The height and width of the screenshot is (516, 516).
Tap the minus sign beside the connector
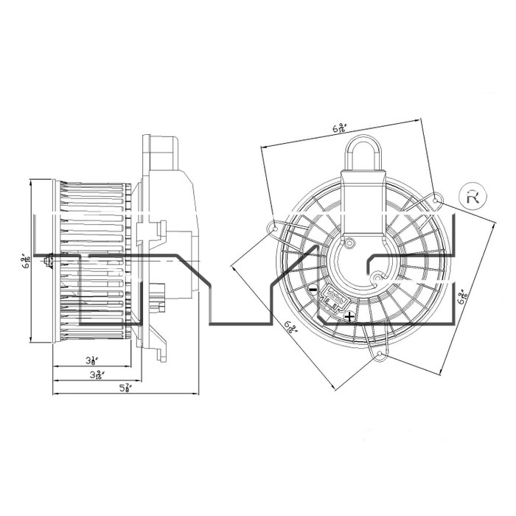(313, 290)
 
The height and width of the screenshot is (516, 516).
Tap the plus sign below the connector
(349, 316)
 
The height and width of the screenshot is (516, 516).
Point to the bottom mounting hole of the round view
(380, 358)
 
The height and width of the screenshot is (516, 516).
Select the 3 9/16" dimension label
(92, 375)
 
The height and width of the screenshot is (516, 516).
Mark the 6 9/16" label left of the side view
(25, 262)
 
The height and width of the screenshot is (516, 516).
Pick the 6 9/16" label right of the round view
(461, 298)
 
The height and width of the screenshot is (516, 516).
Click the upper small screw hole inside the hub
(352, 243)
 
